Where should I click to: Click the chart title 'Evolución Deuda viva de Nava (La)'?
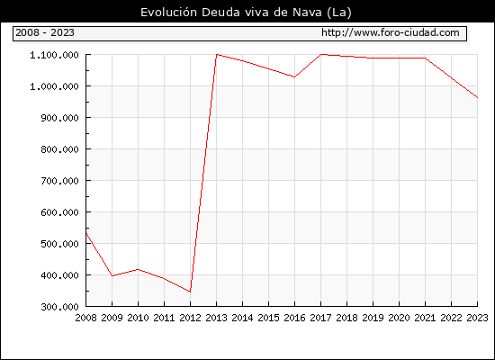[x=246, y=13]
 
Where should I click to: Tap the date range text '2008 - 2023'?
[x=45, y=32]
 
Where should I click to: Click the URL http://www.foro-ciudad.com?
[x=391, y=32]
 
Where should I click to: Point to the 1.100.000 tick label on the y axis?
[x=54, y=55]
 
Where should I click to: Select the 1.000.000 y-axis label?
[x=54, y=86]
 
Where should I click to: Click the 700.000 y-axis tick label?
[x=59, y=181]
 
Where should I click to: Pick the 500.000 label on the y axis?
[x=59, y=244]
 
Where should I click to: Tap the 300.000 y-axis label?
[x=59, y=307]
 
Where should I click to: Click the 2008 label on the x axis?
[x=85, y=318]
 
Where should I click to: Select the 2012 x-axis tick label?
[x=190, y=318]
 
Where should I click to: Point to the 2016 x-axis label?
[x=294, y=318]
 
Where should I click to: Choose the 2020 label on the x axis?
[x=399, y=318]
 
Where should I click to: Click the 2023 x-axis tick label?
[x=477, y=318]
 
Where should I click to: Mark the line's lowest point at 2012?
[x=190, y=292]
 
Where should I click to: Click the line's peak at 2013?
[x=217, y=54]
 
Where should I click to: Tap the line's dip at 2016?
[x=294, y=76]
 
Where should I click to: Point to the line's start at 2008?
[x=86, y=233]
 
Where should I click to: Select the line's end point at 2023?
[x=477, y=98]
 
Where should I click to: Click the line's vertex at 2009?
[x=112, y=276]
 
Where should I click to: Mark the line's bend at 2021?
[x=425, y=58]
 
